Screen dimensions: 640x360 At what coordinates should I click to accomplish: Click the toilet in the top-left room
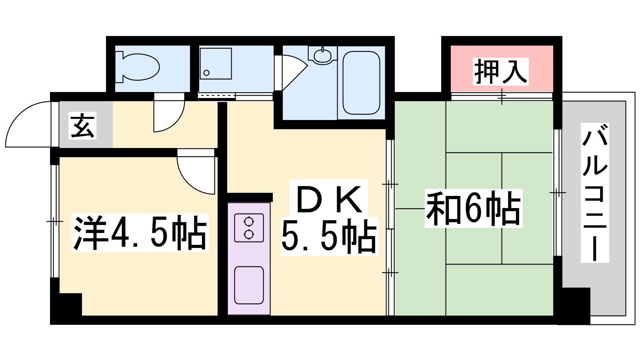(x=138, y=67)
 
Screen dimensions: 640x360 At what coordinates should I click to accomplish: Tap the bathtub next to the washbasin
(x=361, y=83)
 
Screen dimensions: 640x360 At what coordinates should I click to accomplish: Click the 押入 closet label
(x=500, y=72)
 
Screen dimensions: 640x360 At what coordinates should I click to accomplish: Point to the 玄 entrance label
(x=82, y=126)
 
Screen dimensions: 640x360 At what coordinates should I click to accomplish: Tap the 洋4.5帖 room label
(x=140, y=232)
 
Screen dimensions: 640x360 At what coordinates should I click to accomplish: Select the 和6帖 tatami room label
(x=474, y=208)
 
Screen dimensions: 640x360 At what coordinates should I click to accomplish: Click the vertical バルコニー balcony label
(x=595, y=193)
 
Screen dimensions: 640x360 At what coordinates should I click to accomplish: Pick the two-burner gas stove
(x=249, y=228)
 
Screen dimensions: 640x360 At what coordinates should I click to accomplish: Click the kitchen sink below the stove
(x=249, y=285)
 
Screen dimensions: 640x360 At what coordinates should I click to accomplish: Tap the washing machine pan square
(x=216, y=64)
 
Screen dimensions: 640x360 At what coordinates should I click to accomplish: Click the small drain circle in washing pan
(x=206, y=73)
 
